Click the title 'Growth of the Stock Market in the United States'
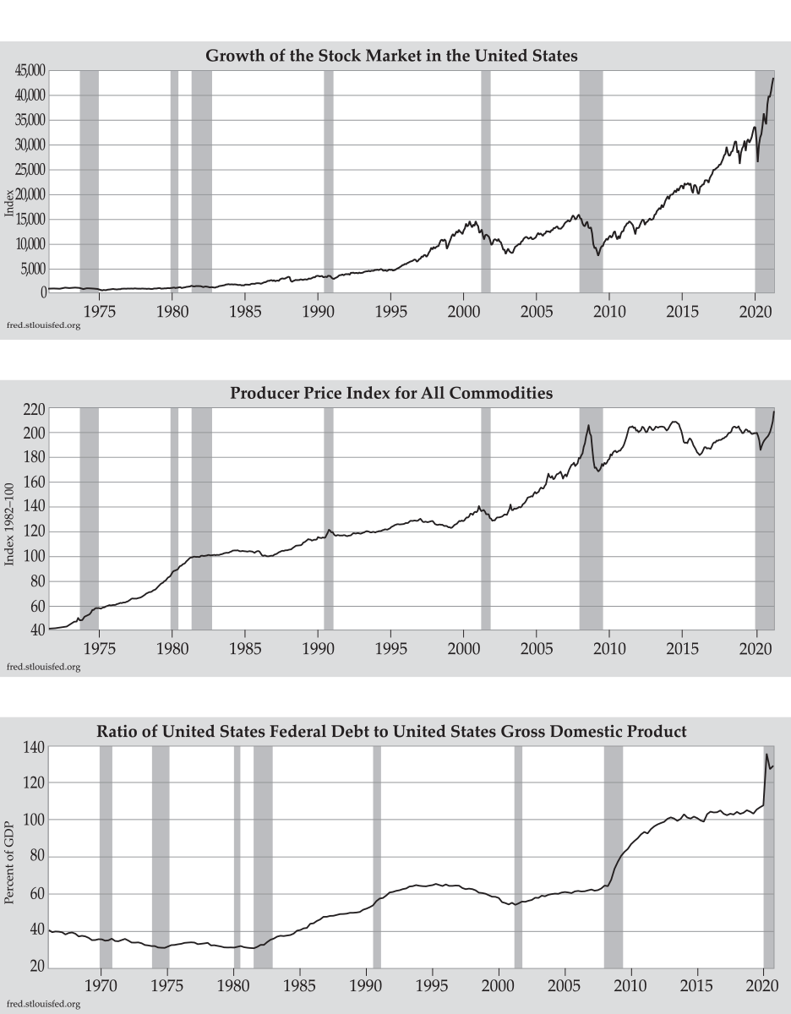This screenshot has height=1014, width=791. coord(391,57)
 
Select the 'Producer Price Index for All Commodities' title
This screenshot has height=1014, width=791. coord(391,393)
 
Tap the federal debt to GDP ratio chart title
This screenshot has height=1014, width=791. coord(391,731)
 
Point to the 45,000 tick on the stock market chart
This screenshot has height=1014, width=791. coord(30,71)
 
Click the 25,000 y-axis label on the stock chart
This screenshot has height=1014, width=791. coord(30,170)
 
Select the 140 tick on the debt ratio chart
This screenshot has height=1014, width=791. coord(34,747)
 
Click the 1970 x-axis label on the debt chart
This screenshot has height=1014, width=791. coord(101,985)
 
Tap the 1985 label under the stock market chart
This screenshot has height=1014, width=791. coord(244,310)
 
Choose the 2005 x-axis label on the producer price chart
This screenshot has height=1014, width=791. coord(536,647)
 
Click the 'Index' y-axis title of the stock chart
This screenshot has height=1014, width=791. coord(10,204)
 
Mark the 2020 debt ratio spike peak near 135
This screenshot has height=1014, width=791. coord(766,754)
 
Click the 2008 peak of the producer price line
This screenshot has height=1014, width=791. coord(589,425)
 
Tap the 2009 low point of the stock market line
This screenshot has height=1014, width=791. coord(598,254)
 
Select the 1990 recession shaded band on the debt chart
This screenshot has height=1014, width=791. coord(377,857)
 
